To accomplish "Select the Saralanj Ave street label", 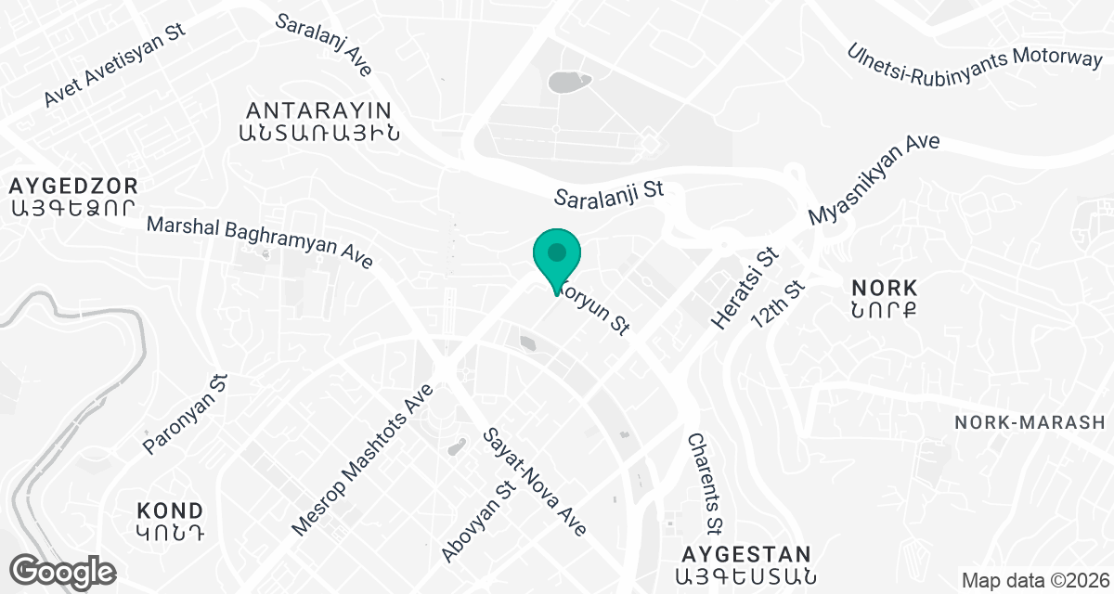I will [324, 45].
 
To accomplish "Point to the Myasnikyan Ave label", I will [874, 179].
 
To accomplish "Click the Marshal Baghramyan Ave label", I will [260, 242].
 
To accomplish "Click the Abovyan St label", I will [479, 521].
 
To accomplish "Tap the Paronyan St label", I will [186, 415].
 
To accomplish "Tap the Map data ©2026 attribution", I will [1033, 581].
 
